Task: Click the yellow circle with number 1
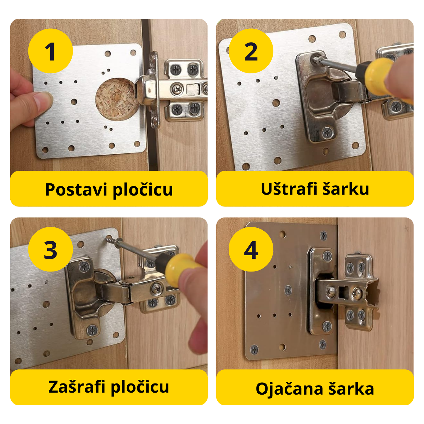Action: (50, 51)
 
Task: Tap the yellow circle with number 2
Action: (251, 51)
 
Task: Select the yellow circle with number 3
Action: (50, 249)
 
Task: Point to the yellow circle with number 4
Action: (251, 249)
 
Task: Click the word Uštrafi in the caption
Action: (289, 189)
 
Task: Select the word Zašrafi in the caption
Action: (77, 387)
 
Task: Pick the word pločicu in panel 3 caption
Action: (140, 387)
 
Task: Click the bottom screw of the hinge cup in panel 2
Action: (327, 133)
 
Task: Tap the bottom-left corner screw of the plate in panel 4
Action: (254, 349)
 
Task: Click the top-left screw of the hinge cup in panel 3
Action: (85, 267)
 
